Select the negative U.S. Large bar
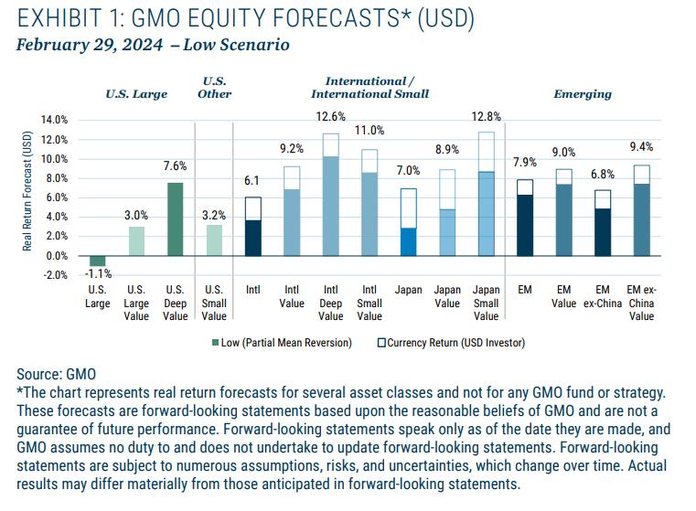click(97, 261)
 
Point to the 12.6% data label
click(330, 116)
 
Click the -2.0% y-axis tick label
click(55, 275)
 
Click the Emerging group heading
click(583, 94)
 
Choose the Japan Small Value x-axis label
click(487, 303)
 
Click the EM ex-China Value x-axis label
click(642, 303)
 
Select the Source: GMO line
click(56, 374)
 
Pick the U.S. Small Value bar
click(214, 240)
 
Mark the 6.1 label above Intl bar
click(252, 182)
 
